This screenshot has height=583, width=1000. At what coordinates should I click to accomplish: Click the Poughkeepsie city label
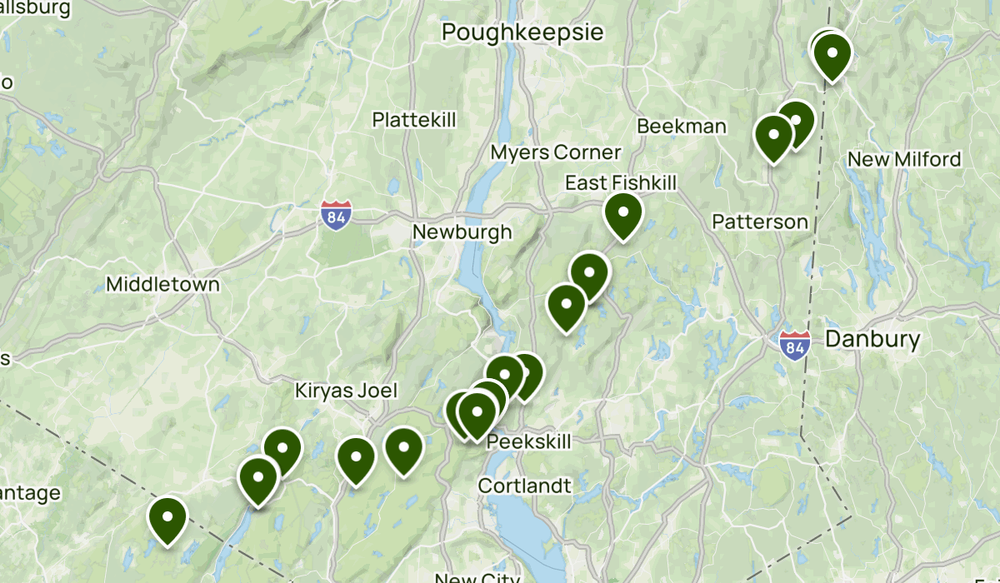pos(522,32)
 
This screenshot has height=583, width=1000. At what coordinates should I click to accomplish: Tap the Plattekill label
pos(414,119)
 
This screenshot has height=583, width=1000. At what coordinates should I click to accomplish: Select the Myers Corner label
pos(556,152)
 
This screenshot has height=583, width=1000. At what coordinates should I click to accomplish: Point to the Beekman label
pos(681,126)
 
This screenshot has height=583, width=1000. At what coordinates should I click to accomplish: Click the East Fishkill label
pos(621,182)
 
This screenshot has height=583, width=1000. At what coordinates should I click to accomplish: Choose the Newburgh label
pos(462,232)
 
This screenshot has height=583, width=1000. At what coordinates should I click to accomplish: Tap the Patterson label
pos(760,222)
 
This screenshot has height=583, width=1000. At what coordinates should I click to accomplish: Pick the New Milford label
pos(904,159)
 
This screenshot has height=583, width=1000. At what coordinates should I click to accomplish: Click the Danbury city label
pos(872,339)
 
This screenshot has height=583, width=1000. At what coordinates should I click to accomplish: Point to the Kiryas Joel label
pos(346,391)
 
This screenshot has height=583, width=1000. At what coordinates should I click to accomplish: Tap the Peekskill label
pos(529,441)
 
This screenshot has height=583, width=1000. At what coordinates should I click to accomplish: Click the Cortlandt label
pos(524,486)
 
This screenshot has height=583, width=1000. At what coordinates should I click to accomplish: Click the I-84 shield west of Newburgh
pos(334,215)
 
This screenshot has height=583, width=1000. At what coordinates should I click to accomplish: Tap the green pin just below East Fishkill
pos(622,213)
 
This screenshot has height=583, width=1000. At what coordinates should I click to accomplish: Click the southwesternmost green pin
pos(167,518)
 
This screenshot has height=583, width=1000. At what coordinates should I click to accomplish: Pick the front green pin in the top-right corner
pos(832,55)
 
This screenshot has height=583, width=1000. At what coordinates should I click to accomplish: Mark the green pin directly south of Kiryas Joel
pos(356,459)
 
